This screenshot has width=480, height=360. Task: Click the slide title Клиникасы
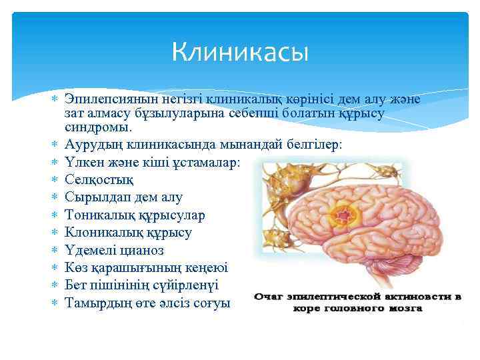coord(240,51)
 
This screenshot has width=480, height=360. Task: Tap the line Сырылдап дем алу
coord(123,197)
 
